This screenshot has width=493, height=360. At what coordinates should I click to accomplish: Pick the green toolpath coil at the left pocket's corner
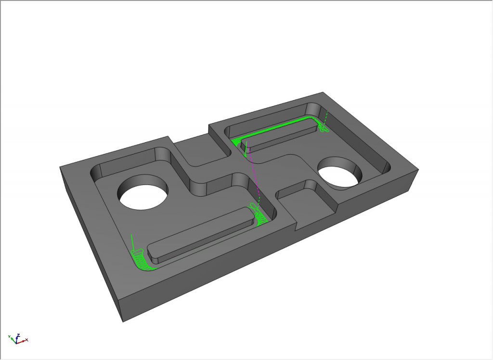point(141,260)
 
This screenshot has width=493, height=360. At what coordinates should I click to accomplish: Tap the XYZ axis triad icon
point(17,338)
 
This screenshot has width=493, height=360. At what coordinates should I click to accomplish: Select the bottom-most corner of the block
point(122,321)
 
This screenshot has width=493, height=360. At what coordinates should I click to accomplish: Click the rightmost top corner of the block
point(418,170)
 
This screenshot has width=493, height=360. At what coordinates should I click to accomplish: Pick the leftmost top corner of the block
point(60,168)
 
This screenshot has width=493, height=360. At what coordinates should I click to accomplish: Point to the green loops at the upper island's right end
point(323,127)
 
